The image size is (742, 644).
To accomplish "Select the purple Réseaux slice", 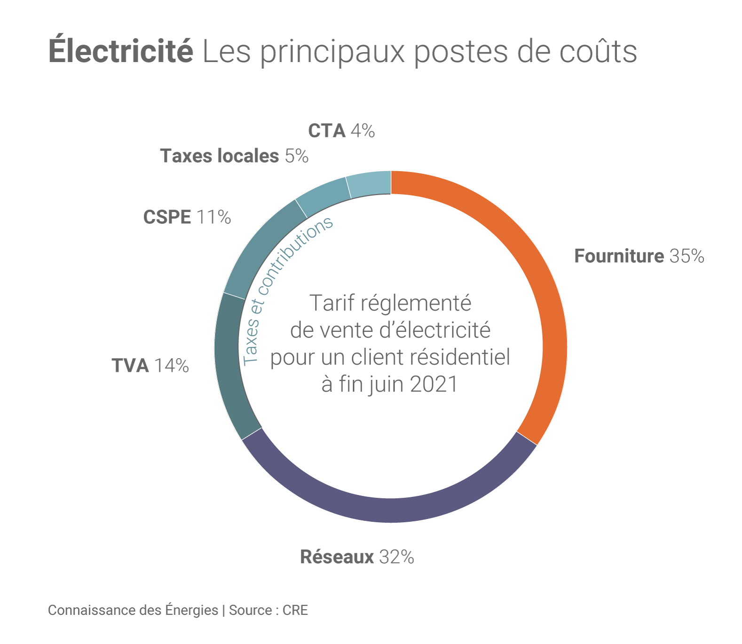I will pos(390,510).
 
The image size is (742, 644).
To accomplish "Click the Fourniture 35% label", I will pos(639,256).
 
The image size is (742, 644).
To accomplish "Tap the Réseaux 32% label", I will pos(357,557).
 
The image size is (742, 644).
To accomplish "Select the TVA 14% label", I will pos(150,366).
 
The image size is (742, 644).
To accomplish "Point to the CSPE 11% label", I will pos(187,217).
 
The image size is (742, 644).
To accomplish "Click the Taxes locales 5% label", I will pos(234,156).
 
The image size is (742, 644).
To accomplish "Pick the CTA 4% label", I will pos(341,131).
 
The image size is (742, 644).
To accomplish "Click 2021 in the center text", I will pos(434,384).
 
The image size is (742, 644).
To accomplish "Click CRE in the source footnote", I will pos(295,610).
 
